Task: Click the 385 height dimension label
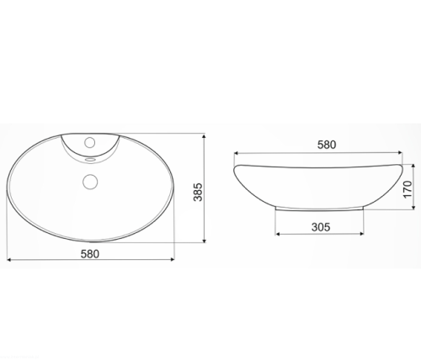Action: click(x=198, y=192)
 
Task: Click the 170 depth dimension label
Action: click(x=408, y=189)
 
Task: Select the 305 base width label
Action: click(x=321, y=227)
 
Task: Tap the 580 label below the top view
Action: click(x=90, y=254)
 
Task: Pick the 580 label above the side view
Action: click(x=327, y=145)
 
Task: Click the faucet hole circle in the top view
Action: click(x=90, y=142)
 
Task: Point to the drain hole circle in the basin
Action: click(x=90, y=182)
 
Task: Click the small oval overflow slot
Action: click(x=90, y=160)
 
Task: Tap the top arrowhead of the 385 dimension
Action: click(x=204, y=136)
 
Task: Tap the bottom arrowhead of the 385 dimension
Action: click(x=204, y=241)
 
